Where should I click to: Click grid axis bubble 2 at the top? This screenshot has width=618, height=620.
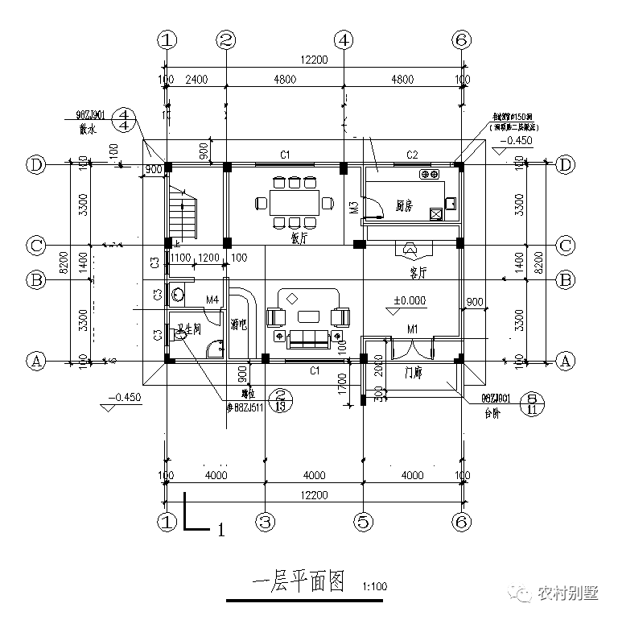[227, 39]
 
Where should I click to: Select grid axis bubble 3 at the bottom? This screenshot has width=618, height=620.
[265, 521]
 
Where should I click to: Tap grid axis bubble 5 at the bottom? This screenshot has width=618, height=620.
[364, 521]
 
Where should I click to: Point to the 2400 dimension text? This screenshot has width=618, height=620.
[196, 80]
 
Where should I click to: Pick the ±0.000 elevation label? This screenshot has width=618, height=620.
[410, 300]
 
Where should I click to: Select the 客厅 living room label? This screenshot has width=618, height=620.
[417, 273]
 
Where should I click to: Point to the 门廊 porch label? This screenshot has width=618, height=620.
[414, 374]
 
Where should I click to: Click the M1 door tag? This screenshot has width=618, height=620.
[413, 329]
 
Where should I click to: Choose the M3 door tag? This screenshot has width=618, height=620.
[353, 210]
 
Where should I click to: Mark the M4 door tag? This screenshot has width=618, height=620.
[212, 300]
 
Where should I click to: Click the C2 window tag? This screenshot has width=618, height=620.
[412, 155]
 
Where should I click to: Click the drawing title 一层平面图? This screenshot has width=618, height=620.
[298, 581]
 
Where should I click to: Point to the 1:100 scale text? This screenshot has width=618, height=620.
[375, 587]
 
